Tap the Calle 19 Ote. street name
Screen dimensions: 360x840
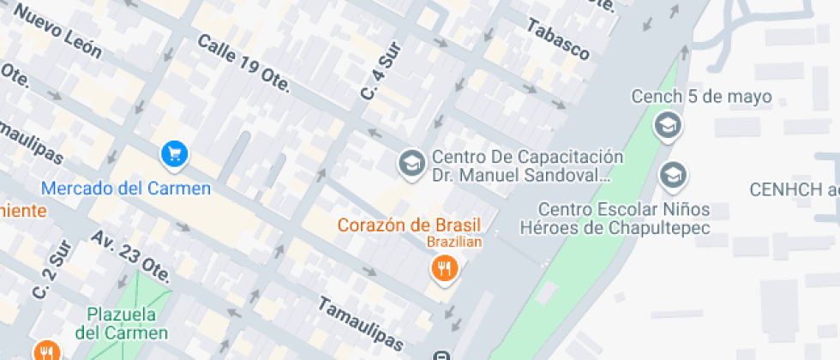point(244,65)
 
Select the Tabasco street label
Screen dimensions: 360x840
point(558,40)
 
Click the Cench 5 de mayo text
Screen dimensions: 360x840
point(702,96)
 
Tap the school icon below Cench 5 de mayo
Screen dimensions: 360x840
point(667,127)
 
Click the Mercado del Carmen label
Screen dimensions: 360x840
point(126,188)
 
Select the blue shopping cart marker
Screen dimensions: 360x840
point(175,154)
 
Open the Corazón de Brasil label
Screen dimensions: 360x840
point(409,225)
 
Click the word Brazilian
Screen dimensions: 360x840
point(454,242)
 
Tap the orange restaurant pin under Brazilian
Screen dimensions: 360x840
point(444,270)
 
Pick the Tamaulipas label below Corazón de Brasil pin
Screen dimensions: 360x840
point(359,324)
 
